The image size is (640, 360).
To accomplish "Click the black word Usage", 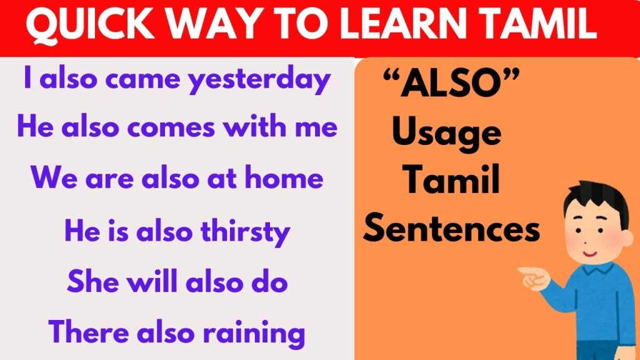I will click(446, 132).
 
